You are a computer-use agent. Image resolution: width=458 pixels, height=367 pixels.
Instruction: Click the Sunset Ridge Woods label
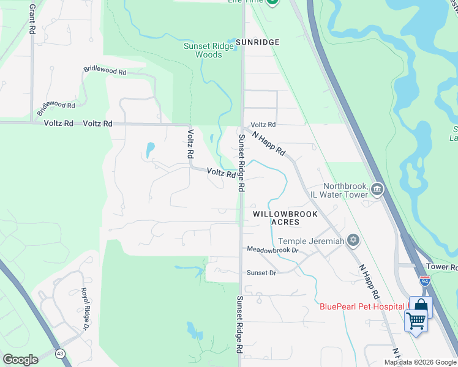tap(203, 50)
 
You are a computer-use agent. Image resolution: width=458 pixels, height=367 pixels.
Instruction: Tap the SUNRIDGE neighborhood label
tap(258, 42)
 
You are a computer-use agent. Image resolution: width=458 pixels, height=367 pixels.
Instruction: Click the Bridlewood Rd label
tap(105, 72)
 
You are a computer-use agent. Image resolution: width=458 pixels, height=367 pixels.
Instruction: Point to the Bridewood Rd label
tap(55, 109)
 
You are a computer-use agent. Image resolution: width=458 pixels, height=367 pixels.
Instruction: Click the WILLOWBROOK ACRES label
tap(276, 218)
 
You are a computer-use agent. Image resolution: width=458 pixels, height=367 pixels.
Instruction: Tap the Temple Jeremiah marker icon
tap(353, 240)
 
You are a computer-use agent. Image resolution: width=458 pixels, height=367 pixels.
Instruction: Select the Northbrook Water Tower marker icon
tap(377, 190)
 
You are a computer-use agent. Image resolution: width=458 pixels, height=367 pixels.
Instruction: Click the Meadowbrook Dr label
tap(272, 250)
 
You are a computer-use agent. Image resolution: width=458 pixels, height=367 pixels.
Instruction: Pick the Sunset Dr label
tap(261, 273)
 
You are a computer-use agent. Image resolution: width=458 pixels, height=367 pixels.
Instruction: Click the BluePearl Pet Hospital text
tap(361, 306)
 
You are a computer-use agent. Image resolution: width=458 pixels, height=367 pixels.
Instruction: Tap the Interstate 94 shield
tap(425, 281)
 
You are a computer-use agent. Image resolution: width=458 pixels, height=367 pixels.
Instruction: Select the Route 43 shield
tap(60, 354)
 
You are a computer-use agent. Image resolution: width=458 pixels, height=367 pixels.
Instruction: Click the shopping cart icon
tap(416, 319)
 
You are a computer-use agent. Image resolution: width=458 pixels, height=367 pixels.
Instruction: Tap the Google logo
tap(20, 359)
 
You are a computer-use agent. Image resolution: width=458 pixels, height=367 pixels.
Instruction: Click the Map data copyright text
tap(419, 362)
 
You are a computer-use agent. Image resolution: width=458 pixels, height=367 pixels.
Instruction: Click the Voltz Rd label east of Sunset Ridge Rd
tap(263, 124)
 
